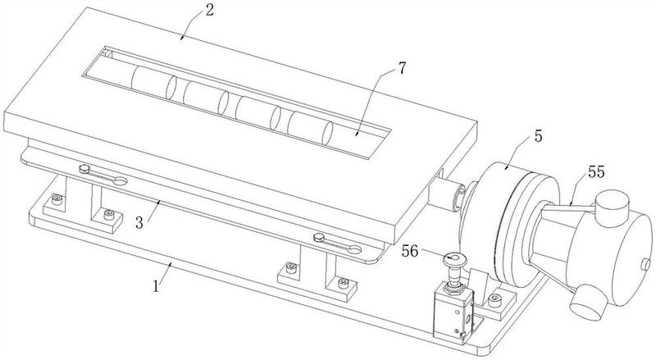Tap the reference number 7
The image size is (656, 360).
[402, 66]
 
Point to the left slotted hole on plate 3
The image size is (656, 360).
[102, 175]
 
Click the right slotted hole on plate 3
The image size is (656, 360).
[335, 241]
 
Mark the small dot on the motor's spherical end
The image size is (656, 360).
[645, 263]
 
